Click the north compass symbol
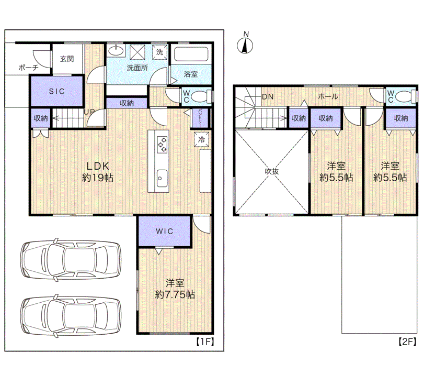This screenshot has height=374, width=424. (245, 43)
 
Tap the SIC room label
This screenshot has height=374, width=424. (57, 91)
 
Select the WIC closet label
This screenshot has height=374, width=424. (164, 231)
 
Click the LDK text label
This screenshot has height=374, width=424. (98, 166)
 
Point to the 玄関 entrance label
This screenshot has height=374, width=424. (67, 59)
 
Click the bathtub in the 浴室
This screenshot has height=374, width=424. (191, 54)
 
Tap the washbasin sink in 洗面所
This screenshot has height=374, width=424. (116, 50)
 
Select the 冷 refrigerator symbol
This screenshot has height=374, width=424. (201, 139)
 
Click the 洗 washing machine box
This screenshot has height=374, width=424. (159, 51)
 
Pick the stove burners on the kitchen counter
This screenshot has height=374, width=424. (162, 145)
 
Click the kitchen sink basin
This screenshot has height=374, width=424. (162, 178)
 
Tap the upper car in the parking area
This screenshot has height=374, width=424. (71, 259)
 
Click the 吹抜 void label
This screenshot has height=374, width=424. (272, 171)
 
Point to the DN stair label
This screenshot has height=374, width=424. (268, 96)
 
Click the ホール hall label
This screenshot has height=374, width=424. (328, 96)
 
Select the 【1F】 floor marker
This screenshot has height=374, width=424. (205, 342)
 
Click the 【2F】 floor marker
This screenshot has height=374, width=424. (407, 342)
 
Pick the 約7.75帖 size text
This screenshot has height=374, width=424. (175, 294)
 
